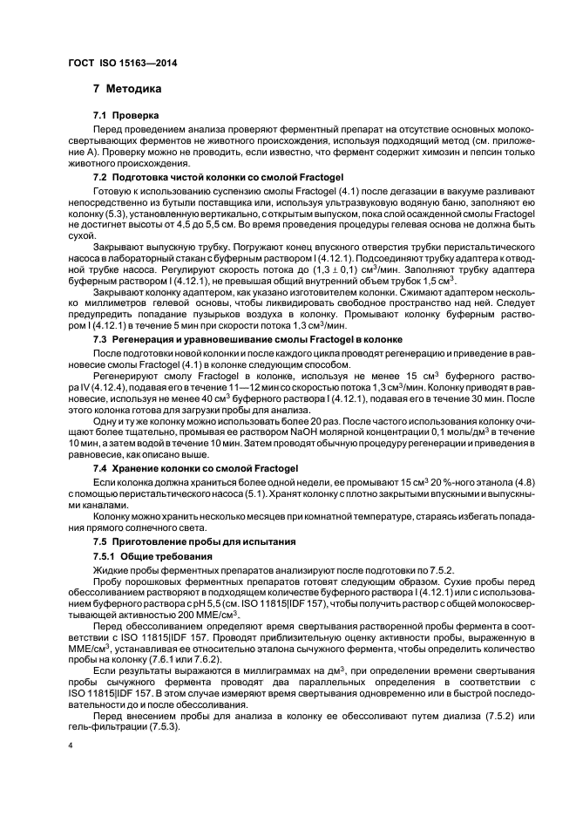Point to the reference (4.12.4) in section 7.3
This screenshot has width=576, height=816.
click(96, 385)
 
